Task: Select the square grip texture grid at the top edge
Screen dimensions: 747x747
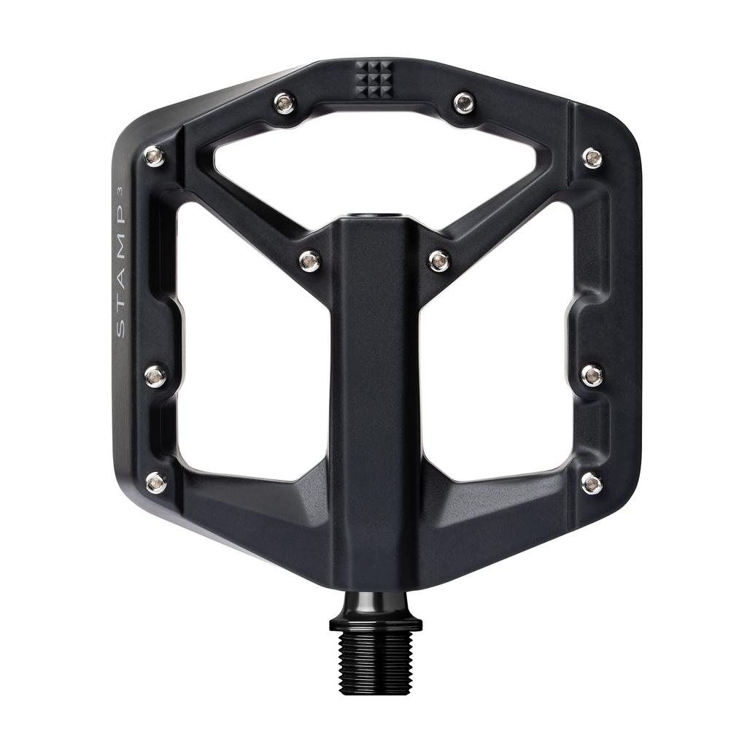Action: pyautogui.click(x=373, y=79)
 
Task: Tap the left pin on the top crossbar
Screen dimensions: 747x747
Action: pyautogui.click(x=285, y=103)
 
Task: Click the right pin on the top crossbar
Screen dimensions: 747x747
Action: pyautogui.click(x=464, y=103)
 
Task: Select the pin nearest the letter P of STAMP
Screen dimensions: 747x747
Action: pyautogui.click(x=154, y=155)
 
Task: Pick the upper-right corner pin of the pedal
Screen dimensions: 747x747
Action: pyautogui.click(x=592, y=158)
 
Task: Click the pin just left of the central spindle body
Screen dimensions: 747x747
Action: pyautogui.click(x=310, y=260)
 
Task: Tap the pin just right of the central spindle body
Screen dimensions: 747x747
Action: pyautogui.click(x=439, y=260)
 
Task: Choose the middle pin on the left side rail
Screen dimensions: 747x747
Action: pyautogui.click(x=155, y=376)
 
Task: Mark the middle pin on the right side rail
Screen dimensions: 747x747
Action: pyautogui.click(x=592, y=376)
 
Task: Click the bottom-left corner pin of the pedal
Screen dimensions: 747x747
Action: pyautogui.click(x=155, y=481)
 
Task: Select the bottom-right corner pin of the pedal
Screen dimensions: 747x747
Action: pyautogui.click(x=592, y=483)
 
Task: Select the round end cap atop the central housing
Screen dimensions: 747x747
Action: pyautogui.click(x=373, y=217)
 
